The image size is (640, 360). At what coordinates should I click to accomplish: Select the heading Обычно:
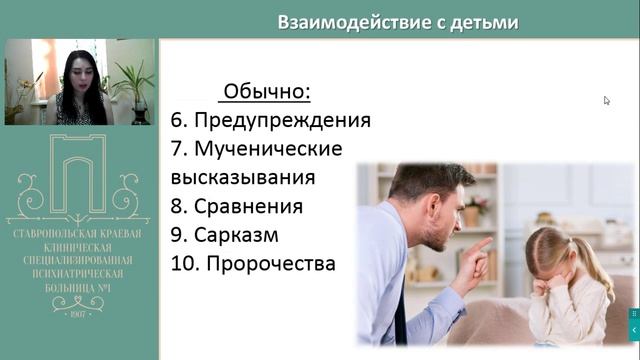[x=267, y=93]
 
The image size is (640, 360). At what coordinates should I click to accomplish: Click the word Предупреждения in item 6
[x=281, y=121]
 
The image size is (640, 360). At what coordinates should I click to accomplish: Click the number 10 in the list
[x=177, y=265]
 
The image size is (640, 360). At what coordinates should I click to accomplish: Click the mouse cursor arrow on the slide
[x=607, y=100]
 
